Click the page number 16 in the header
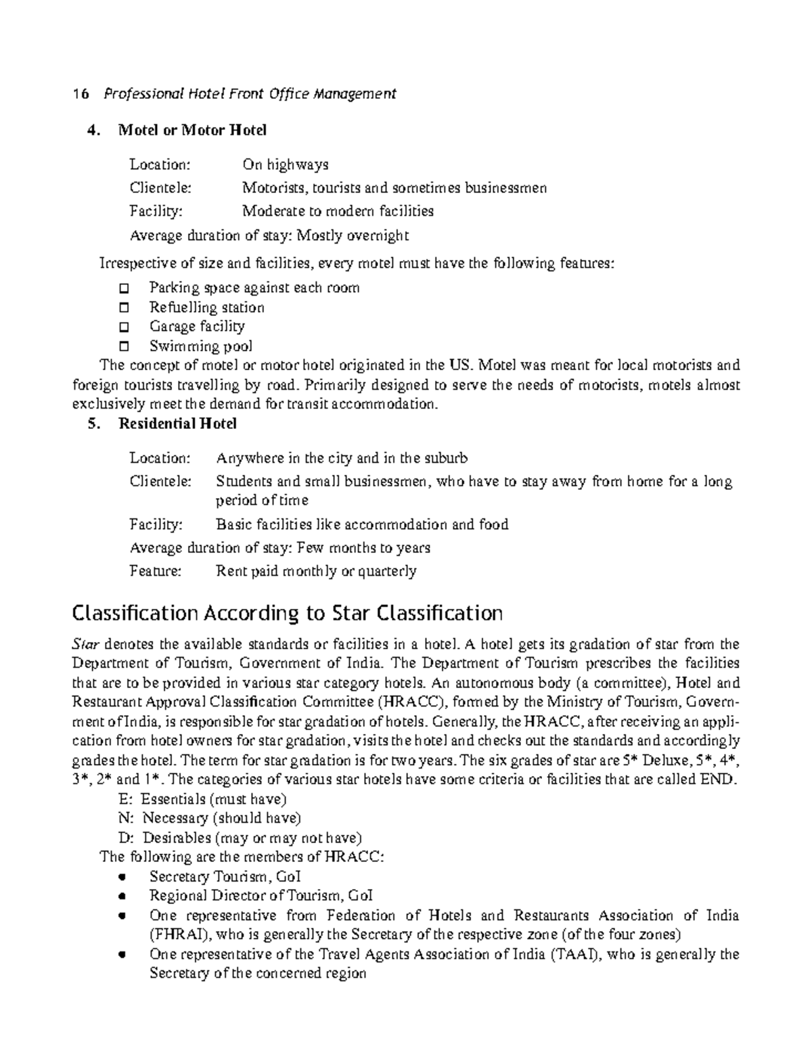click(x=81, y=95)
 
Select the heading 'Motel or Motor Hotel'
click(x=192, y=130)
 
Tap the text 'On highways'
click(x=285, y=164)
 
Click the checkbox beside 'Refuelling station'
click(x=123, y=308)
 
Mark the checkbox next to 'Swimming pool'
click(x=123, y=347)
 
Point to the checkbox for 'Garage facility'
click(x=123, y=328)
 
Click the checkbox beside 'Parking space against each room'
click(x=123, y=288)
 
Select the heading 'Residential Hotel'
click(x=177, y=424)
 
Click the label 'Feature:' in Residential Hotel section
click(x=156, y=571)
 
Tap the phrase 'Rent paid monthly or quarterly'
click(x=316, y=571)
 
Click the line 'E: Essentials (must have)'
click(x=202, y=799)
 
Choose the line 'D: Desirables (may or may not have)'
click(x=240, y=838)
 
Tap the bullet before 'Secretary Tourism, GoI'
click(x=122, y=877)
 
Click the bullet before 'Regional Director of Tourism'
click(x=122, y=897)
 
